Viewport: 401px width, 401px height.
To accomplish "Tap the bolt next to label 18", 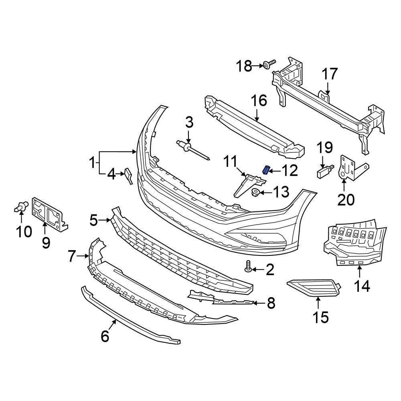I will (269, 65).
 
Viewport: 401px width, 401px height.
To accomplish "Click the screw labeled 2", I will (248, 266).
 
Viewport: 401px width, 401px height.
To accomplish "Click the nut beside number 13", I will (254, 193).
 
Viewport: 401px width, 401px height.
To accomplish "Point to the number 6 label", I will (104, 336).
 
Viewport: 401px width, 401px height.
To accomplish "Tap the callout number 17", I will (330, 74).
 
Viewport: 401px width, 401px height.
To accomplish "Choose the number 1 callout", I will (92, 163).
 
